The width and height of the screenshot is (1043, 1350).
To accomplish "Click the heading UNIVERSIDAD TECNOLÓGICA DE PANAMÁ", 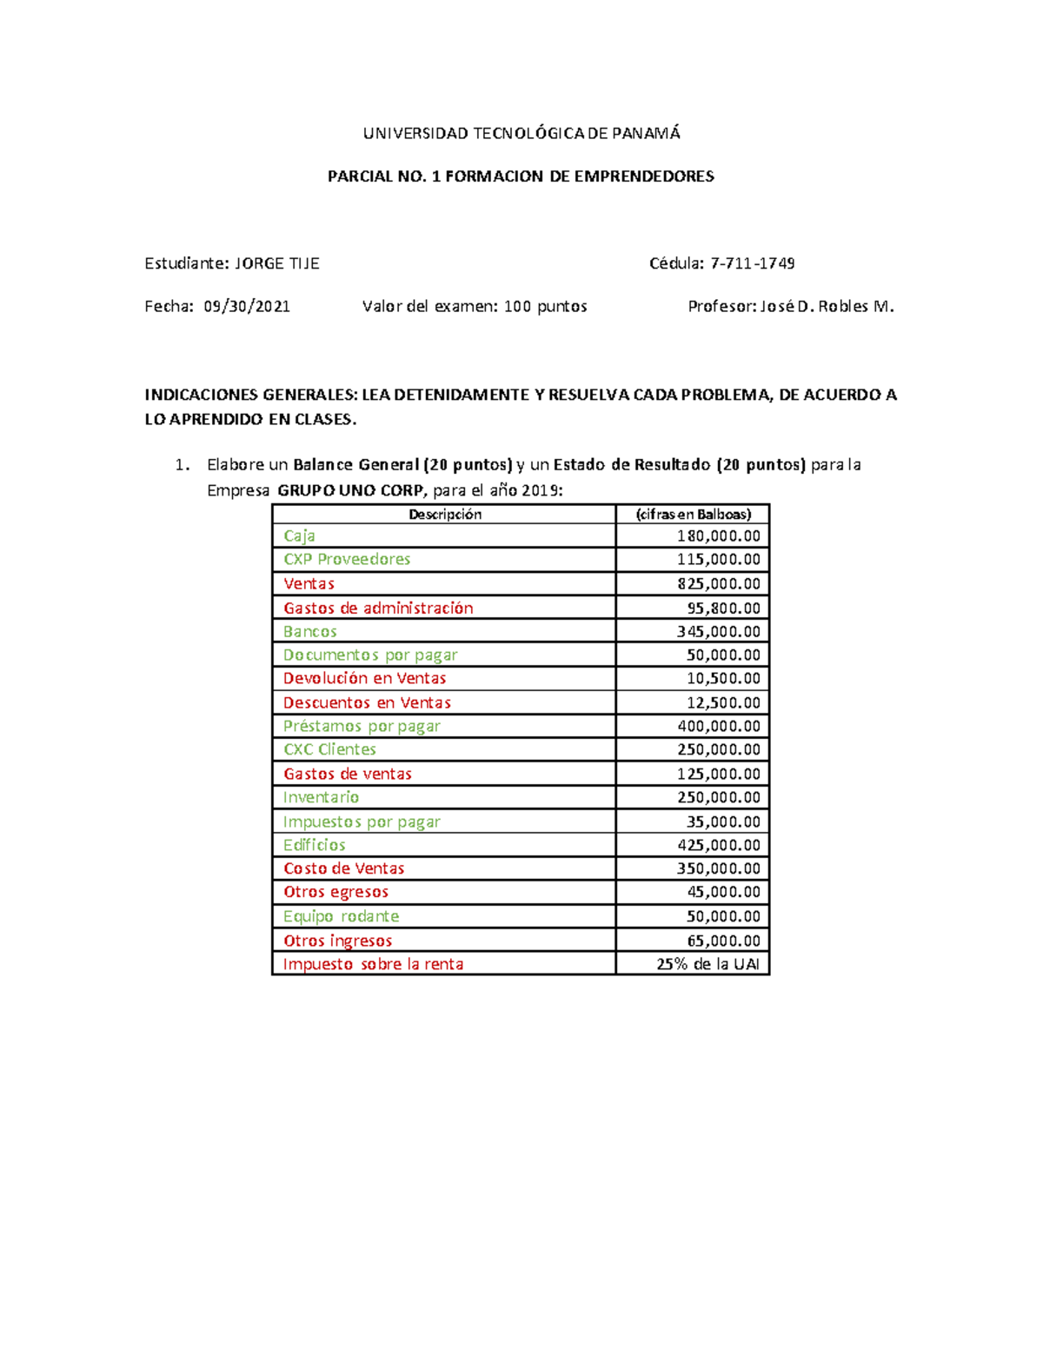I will click(521, 133).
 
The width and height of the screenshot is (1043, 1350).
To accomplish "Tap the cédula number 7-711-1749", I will click(752, 263).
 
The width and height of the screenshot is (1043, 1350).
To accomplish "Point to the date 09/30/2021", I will click(247, 306).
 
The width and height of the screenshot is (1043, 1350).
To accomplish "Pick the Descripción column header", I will click(444, 514).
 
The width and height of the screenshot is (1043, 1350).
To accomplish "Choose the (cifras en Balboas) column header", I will click(693, 514).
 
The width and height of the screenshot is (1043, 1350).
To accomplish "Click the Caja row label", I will click(299, 535).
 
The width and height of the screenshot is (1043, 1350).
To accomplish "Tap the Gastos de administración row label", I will click(378, 608).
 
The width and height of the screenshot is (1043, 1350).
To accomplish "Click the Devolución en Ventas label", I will click(364, 678).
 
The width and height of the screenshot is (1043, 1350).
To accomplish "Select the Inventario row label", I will click(321, 797).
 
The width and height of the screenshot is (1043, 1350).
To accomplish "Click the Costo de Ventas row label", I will click(343, 868).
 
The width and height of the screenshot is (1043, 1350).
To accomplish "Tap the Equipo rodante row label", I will click(341, 916).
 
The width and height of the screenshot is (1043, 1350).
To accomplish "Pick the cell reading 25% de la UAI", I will click(708, 964).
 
